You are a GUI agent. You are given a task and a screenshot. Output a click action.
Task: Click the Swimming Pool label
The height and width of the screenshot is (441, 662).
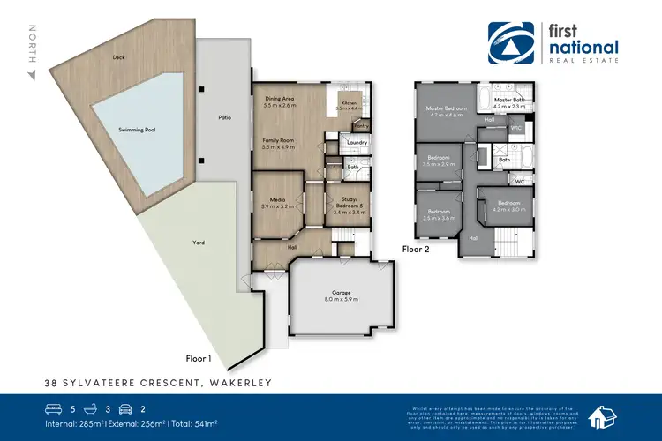click(x=137, y=130)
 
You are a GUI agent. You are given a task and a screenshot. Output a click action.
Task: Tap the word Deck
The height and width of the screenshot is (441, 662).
click(x=118, y=58)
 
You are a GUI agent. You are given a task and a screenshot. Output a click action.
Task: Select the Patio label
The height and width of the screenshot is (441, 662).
click(x=224, y=116)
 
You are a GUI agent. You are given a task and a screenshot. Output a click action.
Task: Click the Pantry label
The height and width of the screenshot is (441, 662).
click(x=361, y=126)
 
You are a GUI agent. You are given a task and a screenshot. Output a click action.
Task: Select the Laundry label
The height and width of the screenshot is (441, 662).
click(x=357, y=142)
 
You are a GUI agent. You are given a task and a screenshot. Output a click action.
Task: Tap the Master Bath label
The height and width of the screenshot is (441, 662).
click(x=509, y=101)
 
